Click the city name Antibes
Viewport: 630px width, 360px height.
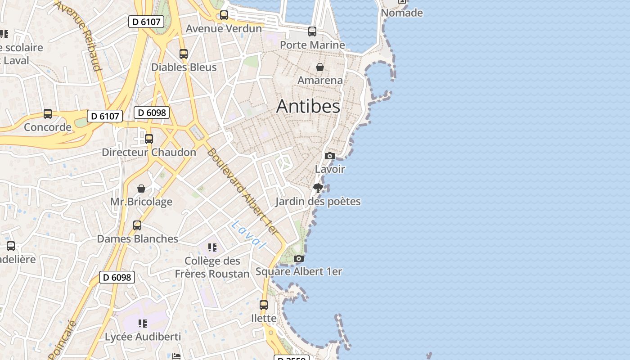[308, 106]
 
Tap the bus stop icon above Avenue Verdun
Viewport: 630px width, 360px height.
[224, 15]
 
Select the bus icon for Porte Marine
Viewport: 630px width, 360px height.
[312, 31]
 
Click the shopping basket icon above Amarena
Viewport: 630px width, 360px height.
[320, 67]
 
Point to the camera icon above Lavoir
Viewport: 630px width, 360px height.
[330, 156]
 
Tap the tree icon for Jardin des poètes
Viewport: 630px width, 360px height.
[318, 188]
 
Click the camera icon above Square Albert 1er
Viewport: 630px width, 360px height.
[298, 258]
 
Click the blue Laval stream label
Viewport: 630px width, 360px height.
[248, 234]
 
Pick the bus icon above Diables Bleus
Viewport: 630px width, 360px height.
[184, 54]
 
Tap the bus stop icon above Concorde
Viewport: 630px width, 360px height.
[48, 114]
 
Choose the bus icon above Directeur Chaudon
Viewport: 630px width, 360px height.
[149, 139]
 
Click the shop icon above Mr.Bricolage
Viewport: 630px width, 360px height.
[141, 188]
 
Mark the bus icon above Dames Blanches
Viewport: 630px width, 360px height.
[137, 225]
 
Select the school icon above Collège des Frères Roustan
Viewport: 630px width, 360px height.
[212, 247]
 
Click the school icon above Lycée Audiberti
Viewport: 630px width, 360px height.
[143, 323]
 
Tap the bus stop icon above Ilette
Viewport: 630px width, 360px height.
[264, 305]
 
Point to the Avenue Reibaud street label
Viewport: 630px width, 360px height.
[79, 36]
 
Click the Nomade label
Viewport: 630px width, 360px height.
[402, 13]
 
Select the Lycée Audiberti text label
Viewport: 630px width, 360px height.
[143, 337]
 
